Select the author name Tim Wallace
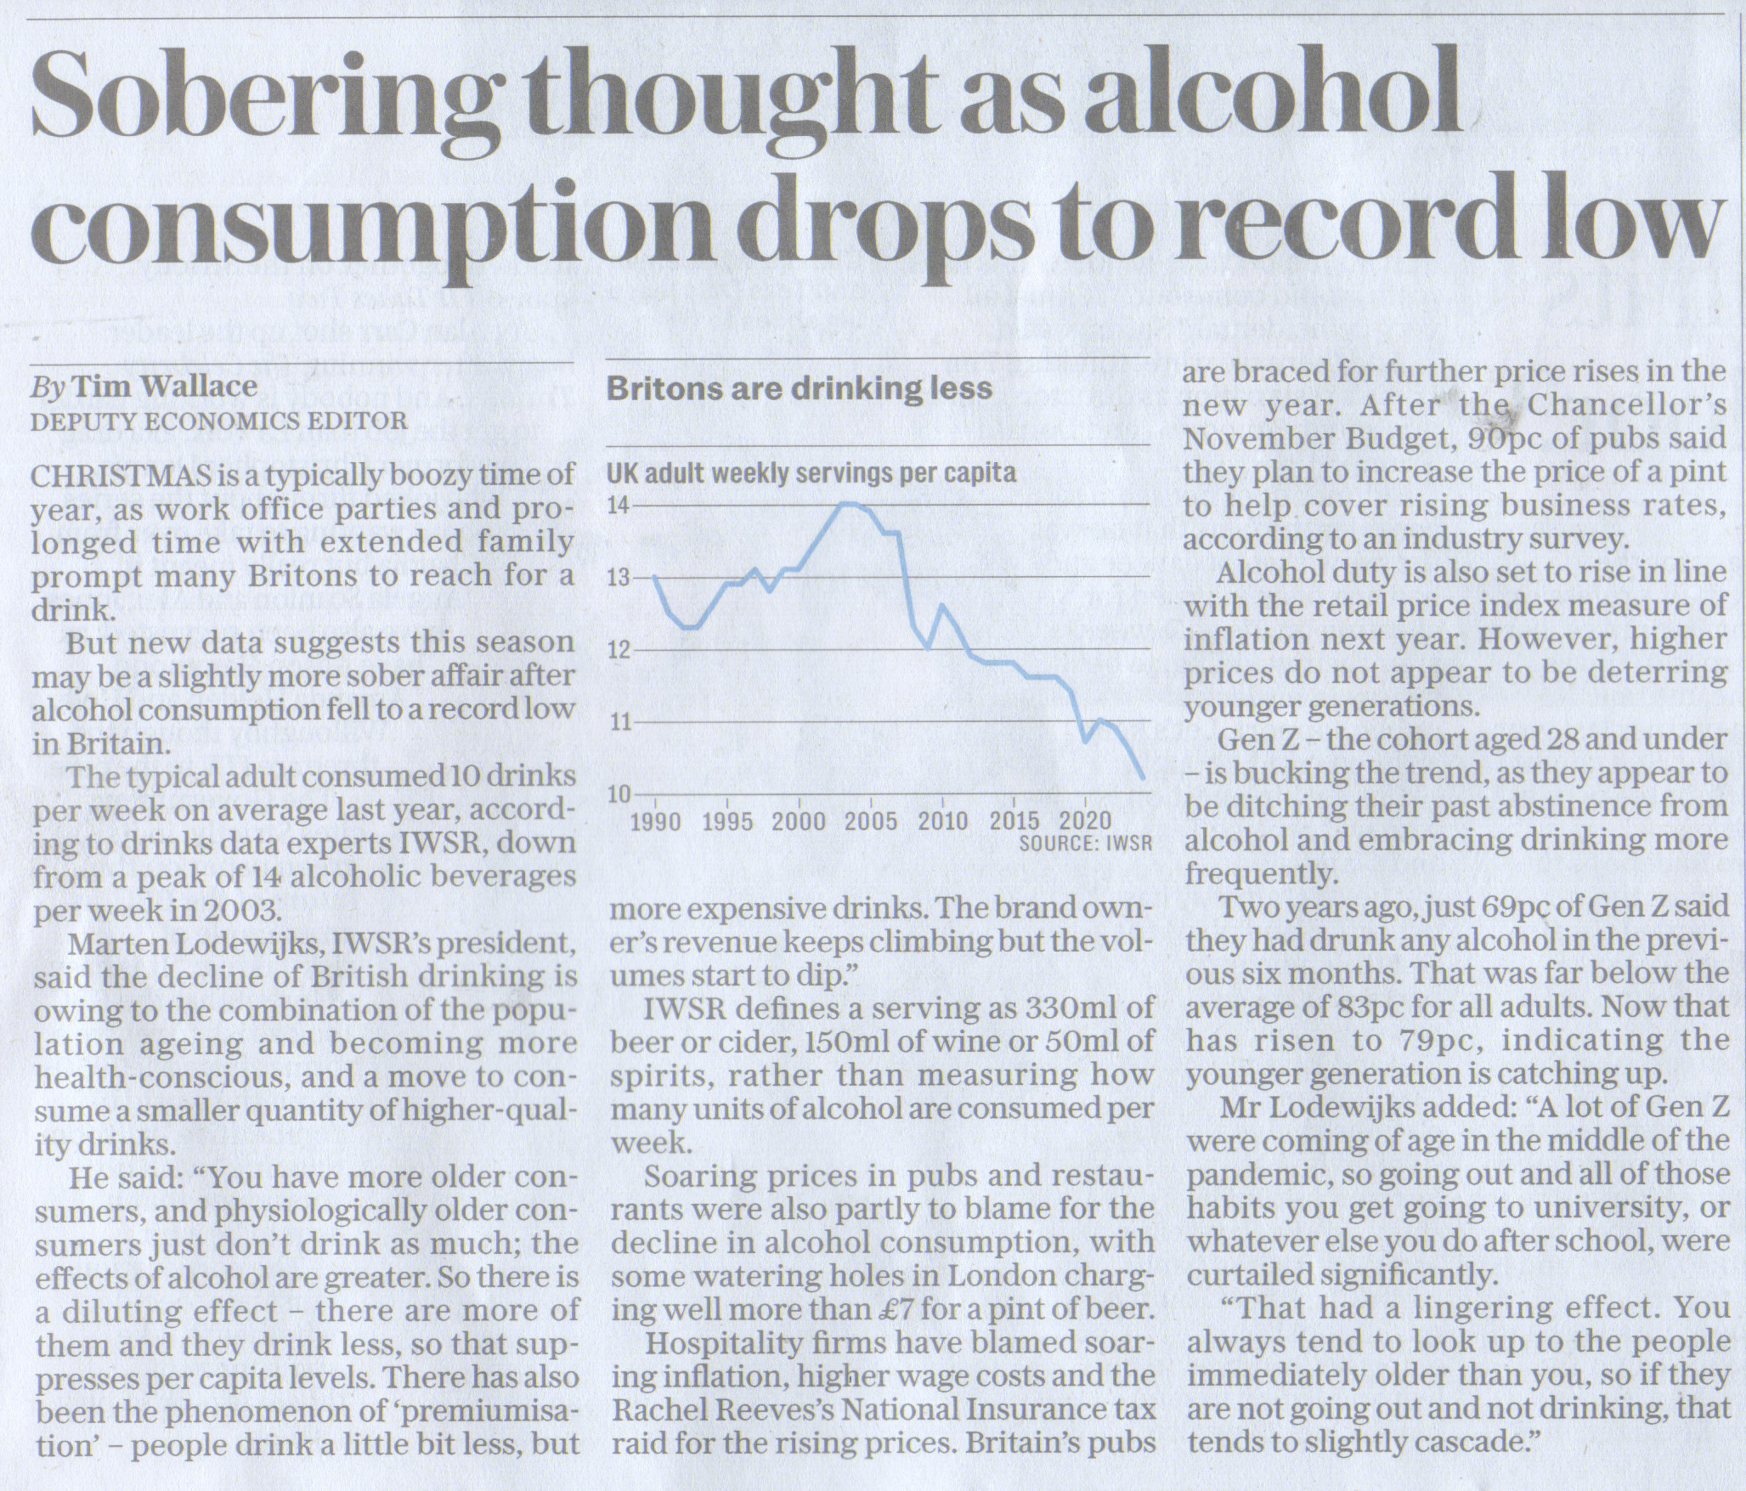click(166, 387)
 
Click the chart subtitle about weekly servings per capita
click(812, 472)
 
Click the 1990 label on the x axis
click(657, 822)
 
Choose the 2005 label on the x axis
click(872, 822)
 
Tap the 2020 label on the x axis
click(1087, 822)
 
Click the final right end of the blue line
click(1143, 777)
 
